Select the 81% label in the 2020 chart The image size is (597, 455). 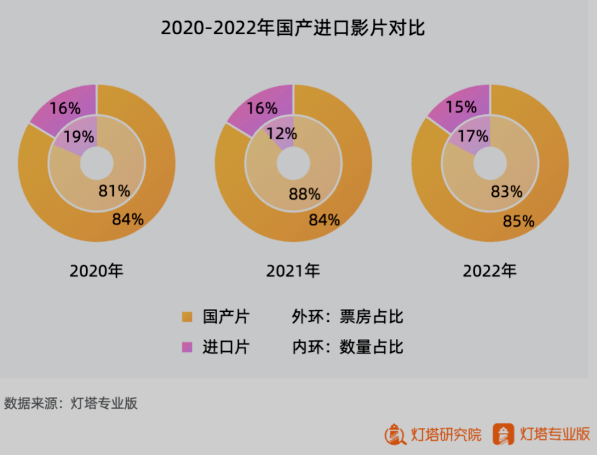click(114, 191)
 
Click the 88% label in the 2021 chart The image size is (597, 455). click(305, 194)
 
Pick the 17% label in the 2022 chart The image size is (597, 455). click(473, 135)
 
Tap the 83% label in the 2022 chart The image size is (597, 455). click(506, 192)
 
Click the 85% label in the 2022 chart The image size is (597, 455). click(519, 221)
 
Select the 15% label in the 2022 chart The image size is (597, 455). click(461, 107)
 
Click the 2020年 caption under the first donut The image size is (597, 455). click(97, 271)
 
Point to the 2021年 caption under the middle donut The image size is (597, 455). click(293, 271)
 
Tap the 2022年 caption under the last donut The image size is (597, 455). click(490, 271)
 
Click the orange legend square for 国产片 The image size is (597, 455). click(187, 317)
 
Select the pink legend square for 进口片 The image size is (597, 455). click(187, 347)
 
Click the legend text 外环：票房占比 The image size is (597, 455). click(348, 317)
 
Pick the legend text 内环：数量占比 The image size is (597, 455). click(348, 347)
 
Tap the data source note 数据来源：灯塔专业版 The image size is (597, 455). click(71, 404)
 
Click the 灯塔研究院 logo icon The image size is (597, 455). click(395, 433)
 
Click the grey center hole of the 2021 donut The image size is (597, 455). click(293, 164)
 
